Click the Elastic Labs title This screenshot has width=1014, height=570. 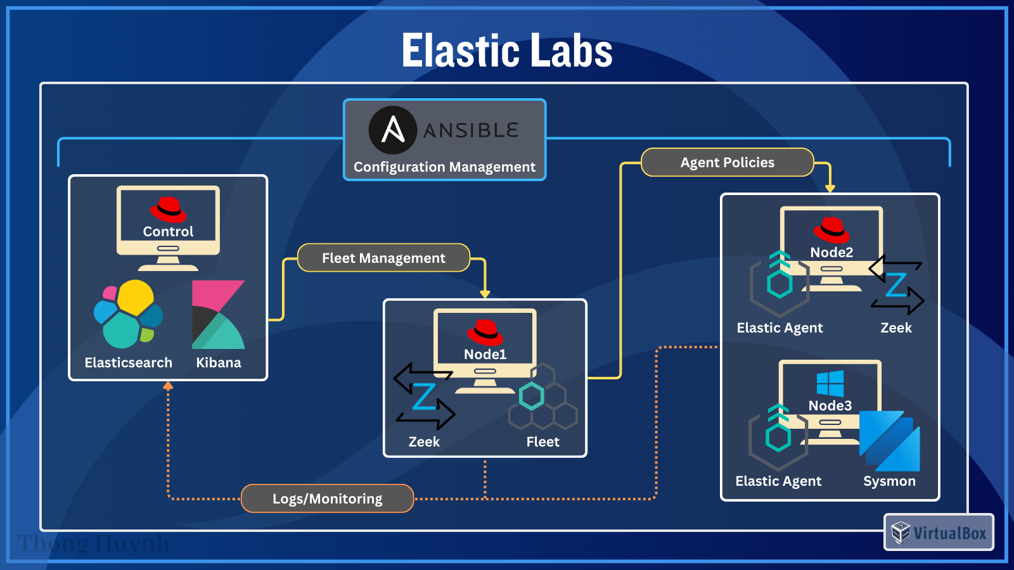[x=507, y=51]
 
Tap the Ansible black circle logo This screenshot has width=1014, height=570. [x=393, y=130]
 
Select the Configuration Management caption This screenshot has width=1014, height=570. [x=444, y=167]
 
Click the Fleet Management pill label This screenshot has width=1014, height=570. [x=383, y=258]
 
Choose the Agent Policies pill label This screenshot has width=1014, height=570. [x=727, y=163]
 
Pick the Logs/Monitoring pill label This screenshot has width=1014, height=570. [x=327, y=498]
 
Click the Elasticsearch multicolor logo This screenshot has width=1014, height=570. [x=129, y=314]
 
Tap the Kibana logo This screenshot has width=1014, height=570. [x=218, y=315]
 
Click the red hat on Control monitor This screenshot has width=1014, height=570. [x=168, y=208]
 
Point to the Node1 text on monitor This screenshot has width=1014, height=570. [x=485, y=354]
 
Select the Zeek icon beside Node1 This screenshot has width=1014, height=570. [x=424, y=396]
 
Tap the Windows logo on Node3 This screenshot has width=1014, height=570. [x=830, y=383]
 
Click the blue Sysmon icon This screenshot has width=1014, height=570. [x=890, y=441]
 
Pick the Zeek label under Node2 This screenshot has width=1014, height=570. [x=895, y=328]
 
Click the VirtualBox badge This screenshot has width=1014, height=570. [x=939, y=533]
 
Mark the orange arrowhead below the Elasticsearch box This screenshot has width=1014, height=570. [x=168, y=385]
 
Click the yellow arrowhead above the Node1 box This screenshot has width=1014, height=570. [x=485, y=294]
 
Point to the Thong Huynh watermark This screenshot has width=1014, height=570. [x=94, y=543]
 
